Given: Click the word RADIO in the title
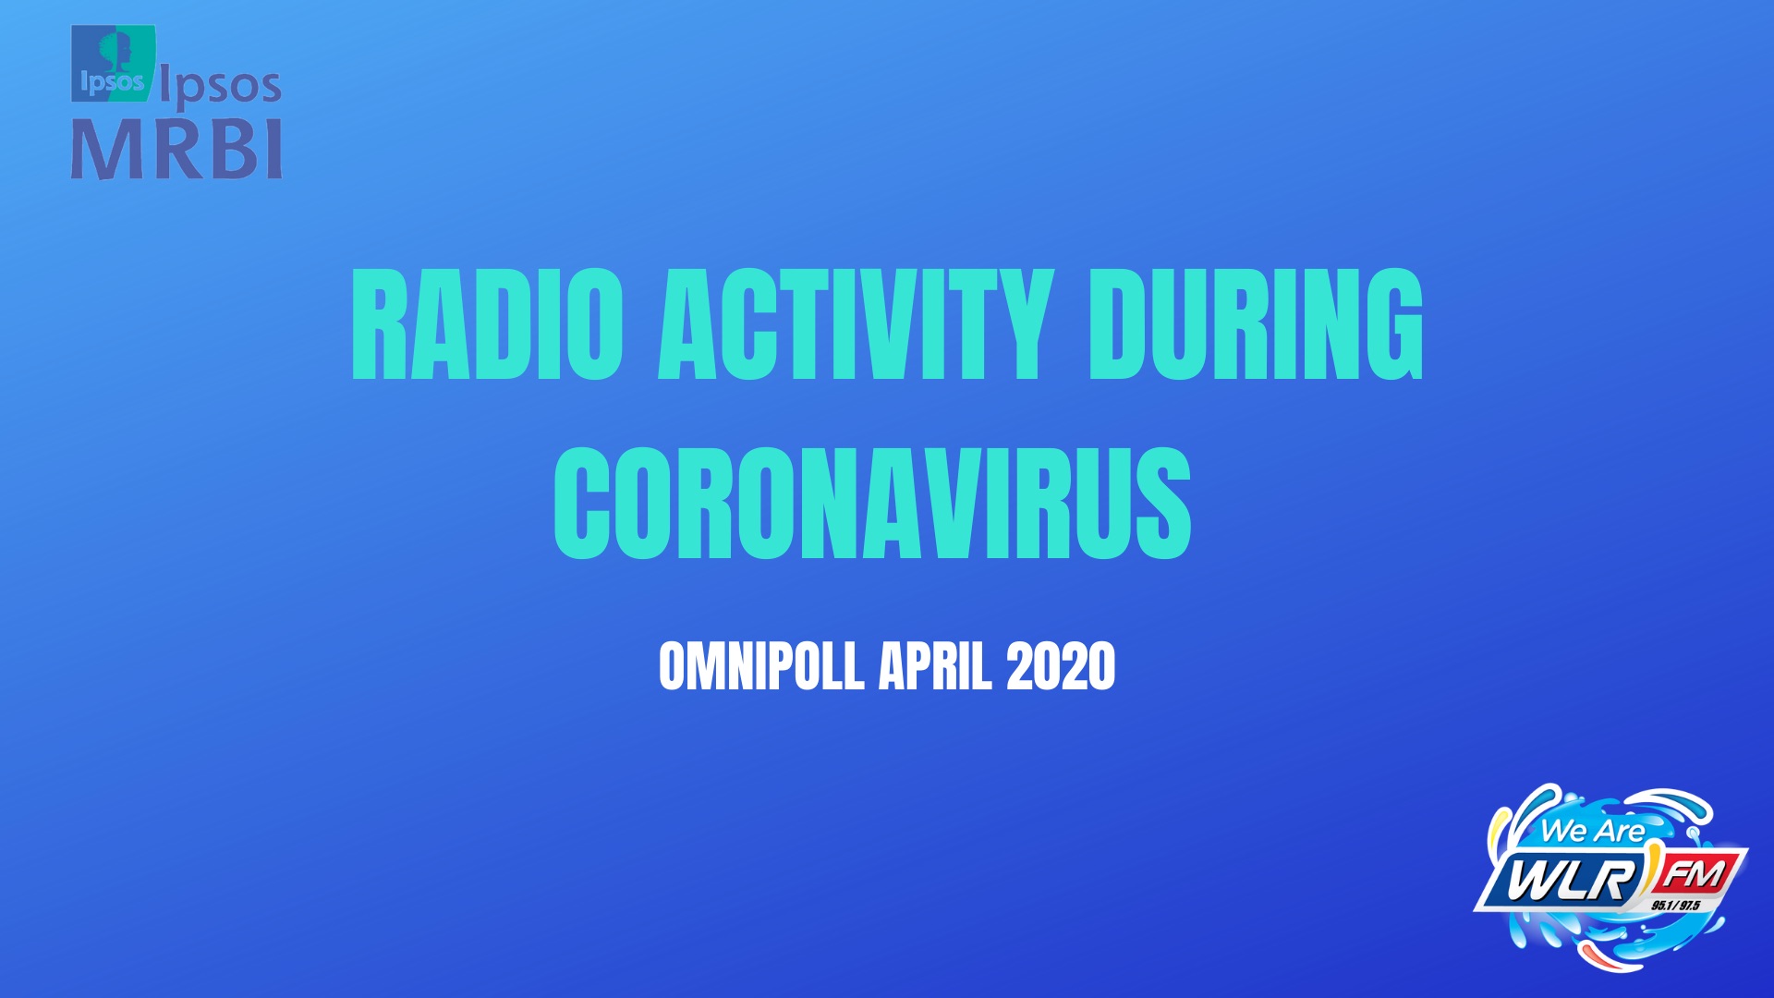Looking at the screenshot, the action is point(487,324).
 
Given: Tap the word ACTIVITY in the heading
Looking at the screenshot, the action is point(856,324).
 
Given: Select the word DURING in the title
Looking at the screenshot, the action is point(1257,324).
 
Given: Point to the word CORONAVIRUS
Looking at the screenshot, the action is point(872,503).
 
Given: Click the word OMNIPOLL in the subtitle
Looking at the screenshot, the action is point(761,666).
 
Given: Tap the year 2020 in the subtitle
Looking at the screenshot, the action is point(1061,666).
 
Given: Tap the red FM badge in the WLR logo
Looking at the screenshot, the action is point(1695,874).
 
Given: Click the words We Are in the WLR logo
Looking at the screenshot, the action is point(1592,831).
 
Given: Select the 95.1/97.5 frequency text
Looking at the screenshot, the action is point(1676,905).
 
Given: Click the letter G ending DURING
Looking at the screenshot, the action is point(1391,324).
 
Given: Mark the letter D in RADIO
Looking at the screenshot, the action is point(503,324).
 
